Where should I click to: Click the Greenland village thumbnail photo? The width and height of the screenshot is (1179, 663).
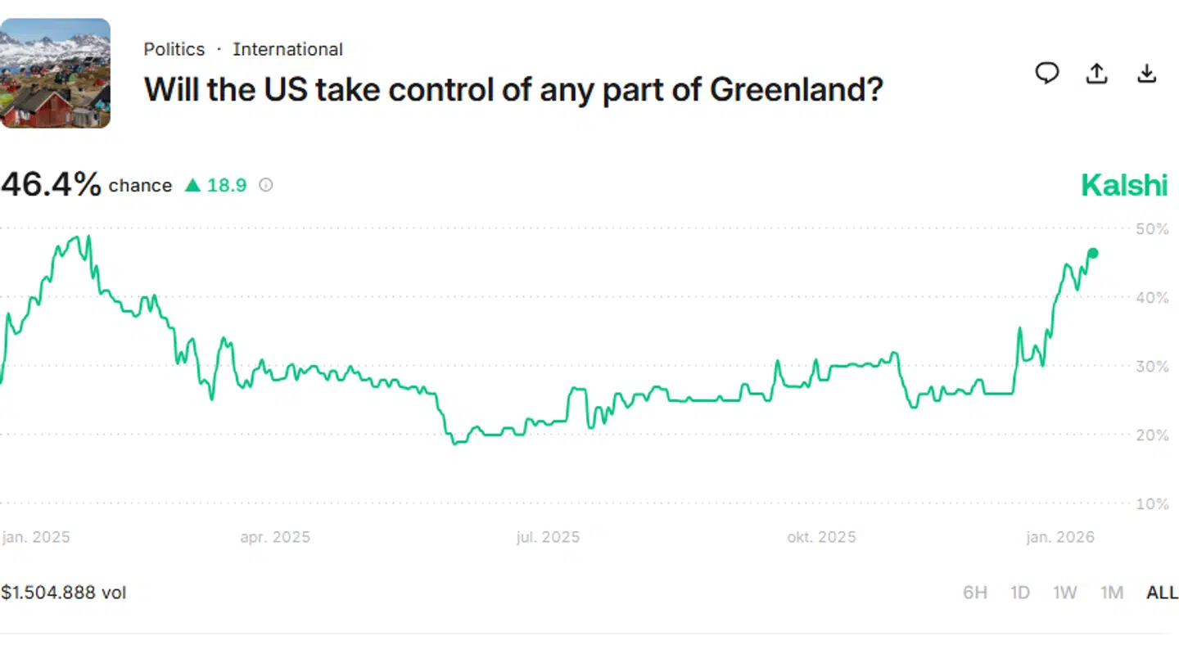pyautogui.click(x=55, y=74)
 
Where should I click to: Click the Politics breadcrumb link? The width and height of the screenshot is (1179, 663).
pyautogui.click(x=174, y=49)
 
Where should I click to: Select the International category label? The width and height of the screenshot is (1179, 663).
pyautogui.click(x=287, y=49)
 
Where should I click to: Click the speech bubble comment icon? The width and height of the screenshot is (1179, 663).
pyautogui.click(x=1047, y=74)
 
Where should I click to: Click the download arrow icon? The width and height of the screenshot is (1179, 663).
pyautogui.click(x=1147, y=74)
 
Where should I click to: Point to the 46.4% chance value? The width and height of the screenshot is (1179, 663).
pyautogui.click(x=51, y=185)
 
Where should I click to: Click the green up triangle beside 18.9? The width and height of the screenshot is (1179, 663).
pyautogui.click(x=192, y=186)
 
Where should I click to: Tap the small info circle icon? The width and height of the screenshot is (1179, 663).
pyautogui.click(x=265, y=185)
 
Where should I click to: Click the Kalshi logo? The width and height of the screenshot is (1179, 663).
pyautogui.click(x=1124, y=185)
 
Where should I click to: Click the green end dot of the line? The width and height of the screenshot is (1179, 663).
pyautogui.click(x=1092, y=253)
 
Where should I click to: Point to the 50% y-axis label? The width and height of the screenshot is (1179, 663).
pyautogui.click(x=1152, y=228)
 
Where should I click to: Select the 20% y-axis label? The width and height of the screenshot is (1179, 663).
pyautogui.click(x=1152, y=435)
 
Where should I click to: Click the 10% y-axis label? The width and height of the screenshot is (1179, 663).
pyautogui.click(x=1152, y=503)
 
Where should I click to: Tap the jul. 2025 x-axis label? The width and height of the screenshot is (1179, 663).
pyautogui.click(x=548, y=537)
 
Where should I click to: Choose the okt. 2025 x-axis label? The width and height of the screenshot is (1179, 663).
pyautogui.click(x=821, y=537)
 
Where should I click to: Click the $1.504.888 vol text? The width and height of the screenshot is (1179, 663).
pyautogui.click(x=64, y=592)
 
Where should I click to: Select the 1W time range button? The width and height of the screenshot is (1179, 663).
pyautogui.click(x=1064, y=592)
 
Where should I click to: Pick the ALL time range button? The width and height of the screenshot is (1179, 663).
pyautogui.click(x=1161, y=592)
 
